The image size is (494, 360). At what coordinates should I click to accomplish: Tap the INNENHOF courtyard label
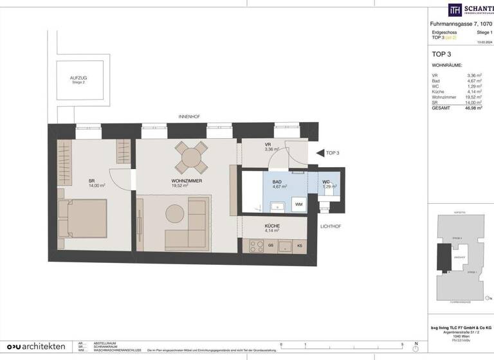tap(189, 116)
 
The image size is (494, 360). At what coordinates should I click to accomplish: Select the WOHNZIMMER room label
tap(188, 182)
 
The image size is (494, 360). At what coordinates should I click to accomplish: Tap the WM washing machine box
tap(298, 204)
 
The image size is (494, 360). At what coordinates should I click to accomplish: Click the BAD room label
tap(277, 183)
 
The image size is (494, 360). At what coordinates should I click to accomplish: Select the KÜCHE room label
tap(272, 227)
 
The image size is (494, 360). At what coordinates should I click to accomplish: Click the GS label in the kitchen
tap(271, 246)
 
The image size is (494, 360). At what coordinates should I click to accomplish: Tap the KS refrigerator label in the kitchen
tap(300, 246)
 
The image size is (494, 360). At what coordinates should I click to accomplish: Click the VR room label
tap(268, 145)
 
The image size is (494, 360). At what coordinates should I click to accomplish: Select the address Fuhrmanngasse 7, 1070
tap(461, 24)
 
